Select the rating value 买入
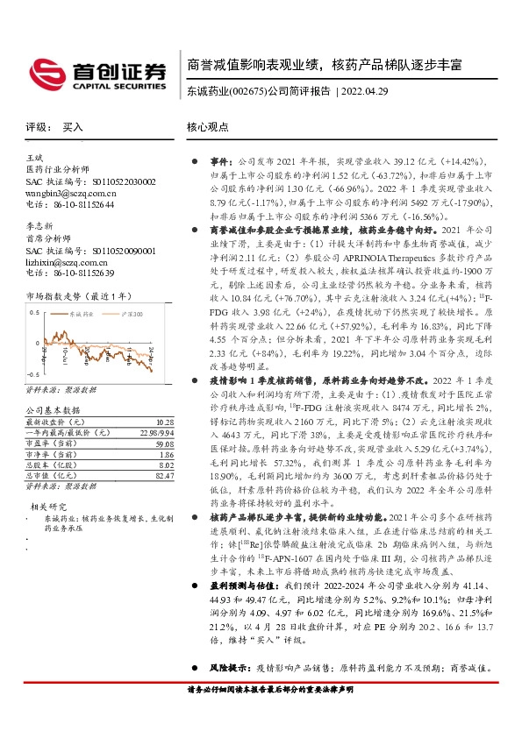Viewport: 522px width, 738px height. click(73, 127)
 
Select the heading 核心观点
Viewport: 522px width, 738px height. click(208, 127)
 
